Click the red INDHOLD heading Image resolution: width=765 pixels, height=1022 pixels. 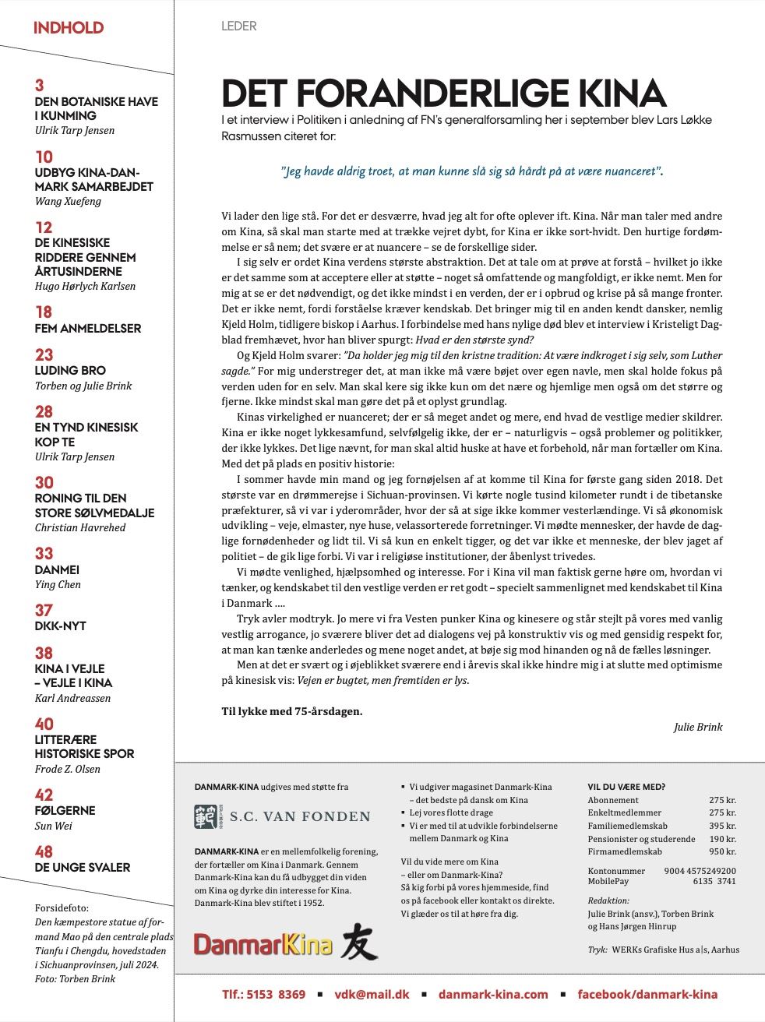pos(69,28)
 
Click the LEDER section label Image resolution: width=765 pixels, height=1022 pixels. pos(238,26)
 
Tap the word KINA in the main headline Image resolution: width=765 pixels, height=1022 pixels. pos(622,94)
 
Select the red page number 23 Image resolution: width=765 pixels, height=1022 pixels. pos(44,354)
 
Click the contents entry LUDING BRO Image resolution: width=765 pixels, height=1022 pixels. pos(70,371)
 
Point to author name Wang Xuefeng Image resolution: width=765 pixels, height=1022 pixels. pos(68,201)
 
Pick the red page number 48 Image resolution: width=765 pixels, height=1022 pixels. pos(44,851)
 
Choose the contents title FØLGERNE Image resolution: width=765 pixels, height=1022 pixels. pos(65,811)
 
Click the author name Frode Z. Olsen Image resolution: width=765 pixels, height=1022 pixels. pos(67,769)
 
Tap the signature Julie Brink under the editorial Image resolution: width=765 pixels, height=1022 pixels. pos(698,727)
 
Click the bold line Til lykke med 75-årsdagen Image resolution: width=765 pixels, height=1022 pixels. pos(292,711)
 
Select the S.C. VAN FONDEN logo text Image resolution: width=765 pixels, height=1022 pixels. pos(300,816)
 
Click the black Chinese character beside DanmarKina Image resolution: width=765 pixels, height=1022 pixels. pos(359,943)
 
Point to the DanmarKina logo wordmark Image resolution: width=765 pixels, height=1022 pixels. pos(263,945)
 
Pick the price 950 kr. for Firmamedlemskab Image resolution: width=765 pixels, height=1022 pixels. pos(722,851)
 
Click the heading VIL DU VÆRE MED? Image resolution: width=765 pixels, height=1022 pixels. pos(626,787)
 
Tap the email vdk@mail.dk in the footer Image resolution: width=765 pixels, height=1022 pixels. pos(372,994)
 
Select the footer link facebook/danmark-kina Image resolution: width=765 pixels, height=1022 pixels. pos(647,994)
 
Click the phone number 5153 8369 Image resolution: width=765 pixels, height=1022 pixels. pos(275,994)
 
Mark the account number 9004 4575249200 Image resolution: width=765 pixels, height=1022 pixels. pos(700,871)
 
